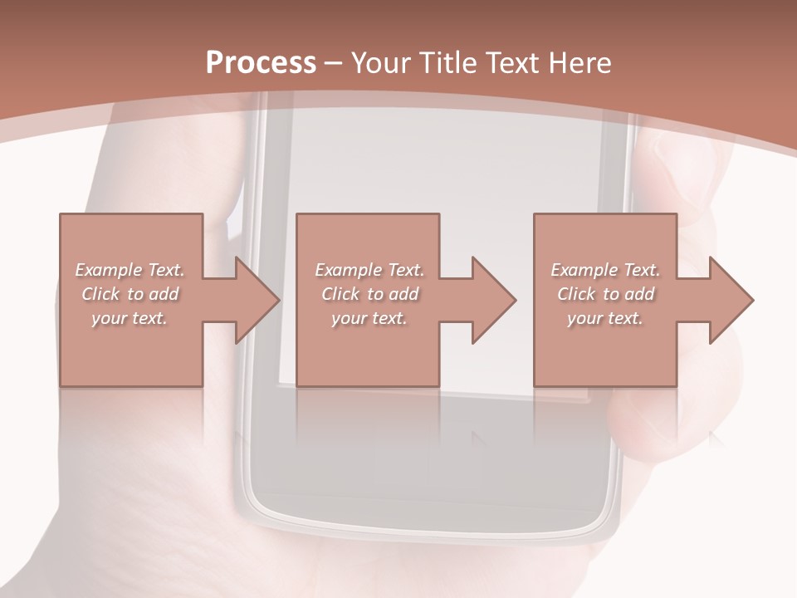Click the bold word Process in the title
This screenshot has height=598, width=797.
(261, 63)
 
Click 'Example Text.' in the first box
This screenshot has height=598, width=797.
(130, 270)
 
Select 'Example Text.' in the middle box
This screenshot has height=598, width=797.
(369, 270)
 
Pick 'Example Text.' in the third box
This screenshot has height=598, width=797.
(605, 270)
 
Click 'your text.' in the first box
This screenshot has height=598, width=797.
(130, 318)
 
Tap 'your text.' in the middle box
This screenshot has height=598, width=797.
(369, 318)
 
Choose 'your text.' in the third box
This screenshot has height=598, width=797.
(605, 318)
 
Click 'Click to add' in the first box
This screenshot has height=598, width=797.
(130, 294)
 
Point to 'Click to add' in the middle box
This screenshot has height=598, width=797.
(369, 294)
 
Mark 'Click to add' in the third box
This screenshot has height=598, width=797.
(605, 294)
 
